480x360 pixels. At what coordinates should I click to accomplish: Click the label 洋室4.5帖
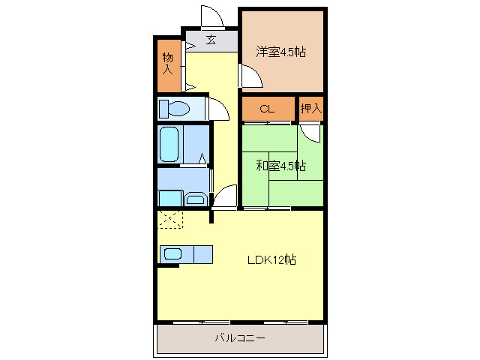(281, 52)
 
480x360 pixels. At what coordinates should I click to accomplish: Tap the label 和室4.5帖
(280, 166)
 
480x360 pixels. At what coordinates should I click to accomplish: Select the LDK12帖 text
(271, 260)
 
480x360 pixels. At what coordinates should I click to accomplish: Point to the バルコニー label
(240, 338)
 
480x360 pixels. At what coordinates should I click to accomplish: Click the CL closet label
(267, 109)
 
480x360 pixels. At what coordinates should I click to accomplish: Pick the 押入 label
(311, 109)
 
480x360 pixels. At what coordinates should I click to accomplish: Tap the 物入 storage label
(168, 63)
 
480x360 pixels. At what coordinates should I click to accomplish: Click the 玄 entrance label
(211, 40)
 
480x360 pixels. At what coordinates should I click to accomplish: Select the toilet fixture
(173, 109)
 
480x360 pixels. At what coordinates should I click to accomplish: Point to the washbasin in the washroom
(196, 199)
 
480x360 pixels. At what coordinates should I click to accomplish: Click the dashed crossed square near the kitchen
(170, 220)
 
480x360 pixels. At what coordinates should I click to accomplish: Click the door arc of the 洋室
(250, 75)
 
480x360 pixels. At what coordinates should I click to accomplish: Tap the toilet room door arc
(218, 109)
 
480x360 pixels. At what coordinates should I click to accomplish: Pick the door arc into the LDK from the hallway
(225, 197)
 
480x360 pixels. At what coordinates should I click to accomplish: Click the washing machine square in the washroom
(169, 198)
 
